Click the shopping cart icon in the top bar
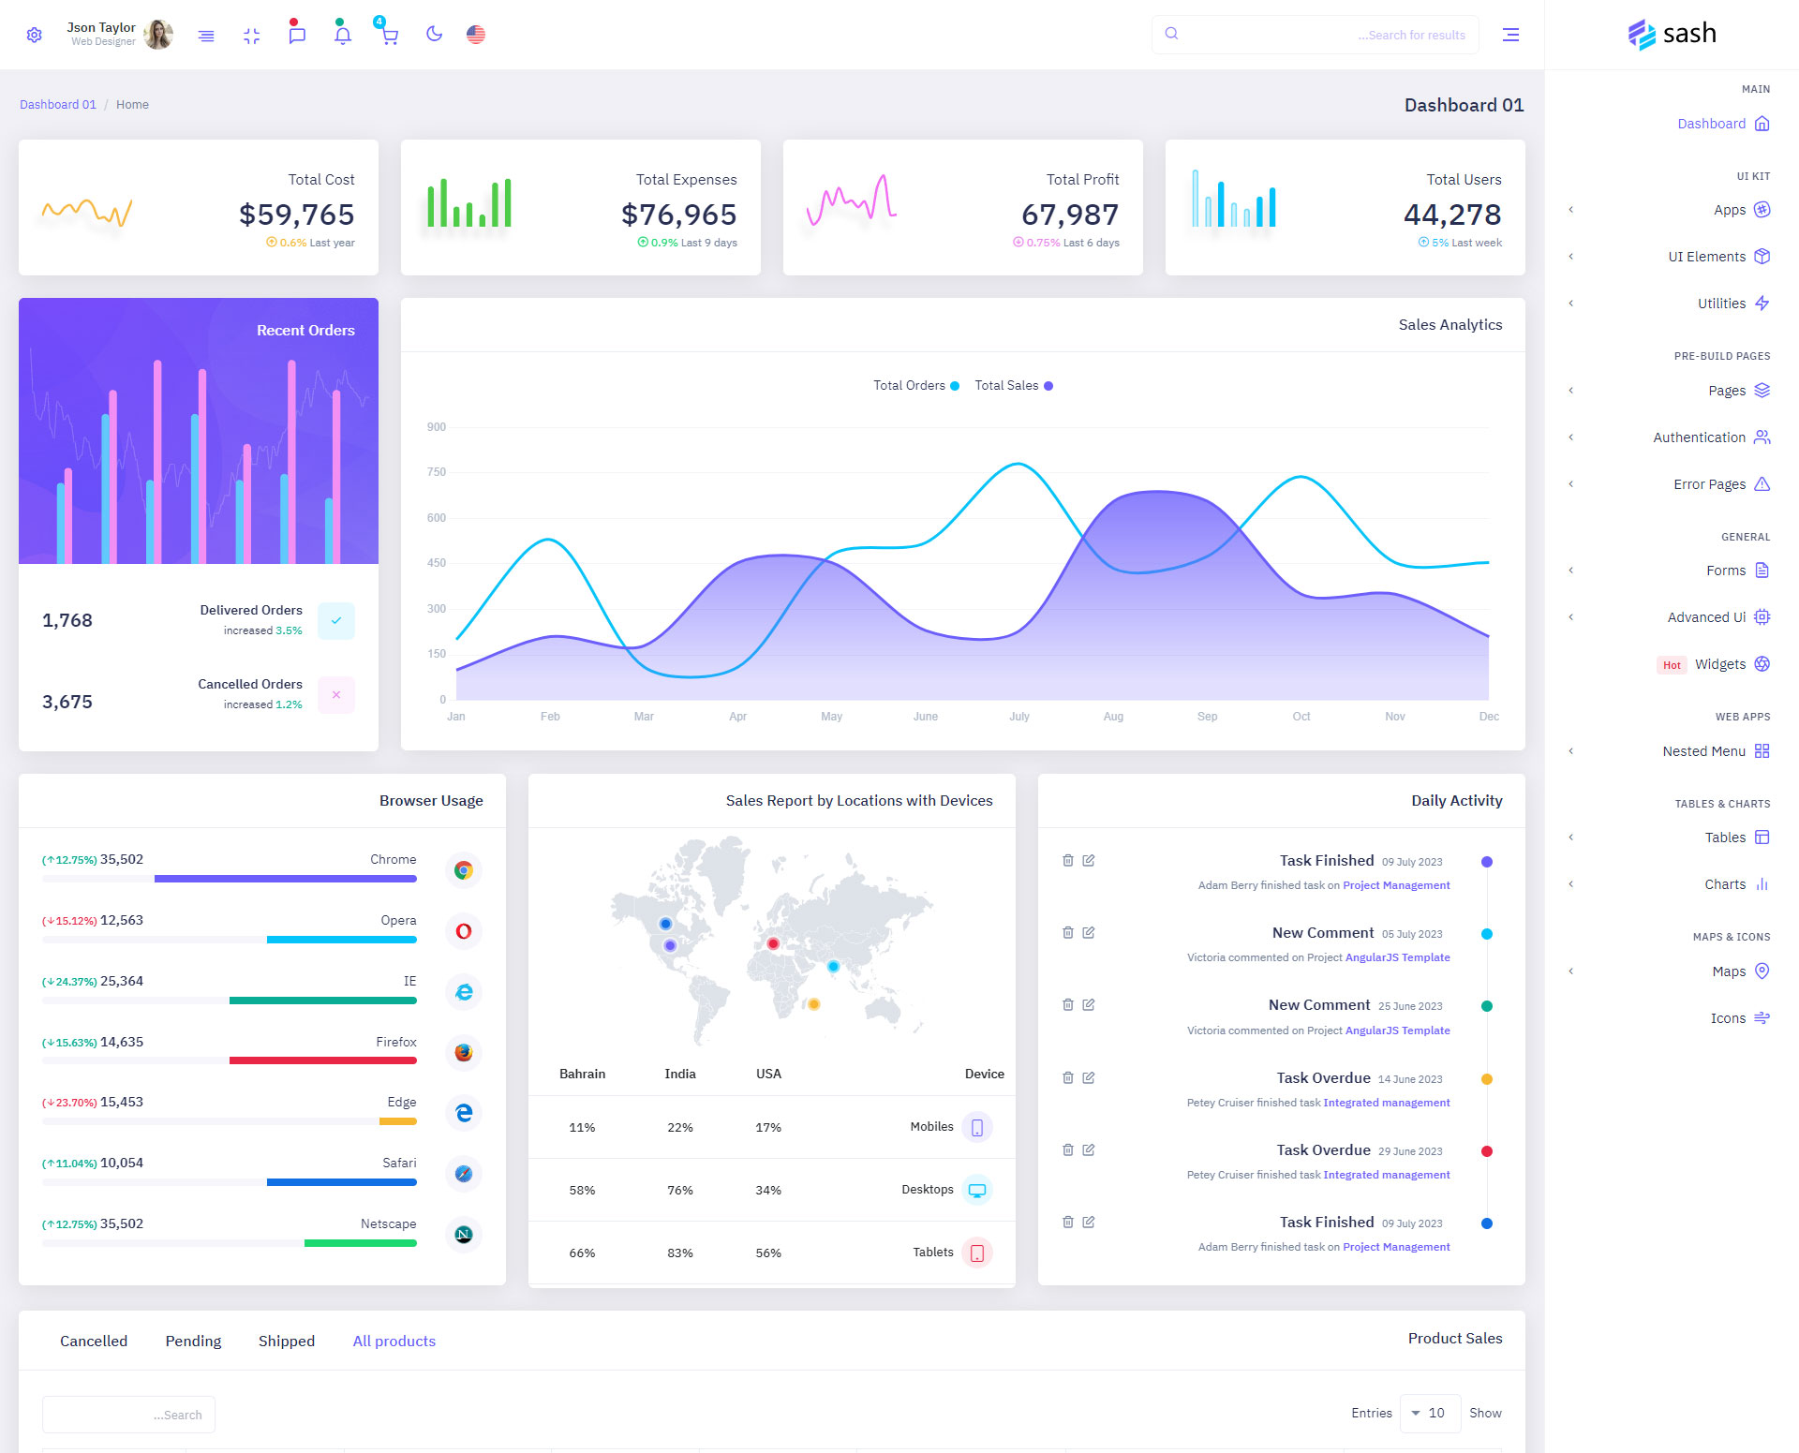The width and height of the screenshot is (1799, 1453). pyautogui.click(x=389, y=36)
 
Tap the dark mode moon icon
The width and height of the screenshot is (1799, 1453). pyautogui.click(x=434, y=35)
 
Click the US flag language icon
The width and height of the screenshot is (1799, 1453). pyautogui.click(x=476, y=35)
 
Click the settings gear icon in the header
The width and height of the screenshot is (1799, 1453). pyautogui.click(x=35, y=35)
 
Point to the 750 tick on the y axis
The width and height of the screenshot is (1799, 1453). pyautogui.click(x=437, y=472)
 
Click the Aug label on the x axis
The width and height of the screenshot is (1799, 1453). pyautogui.click(x=1113, y=717)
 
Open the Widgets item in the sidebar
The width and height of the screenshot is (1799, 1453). pyautogui.click(x=1720, y=664)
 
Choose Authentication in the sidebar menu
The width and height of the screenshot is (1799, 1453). pyautogui.click(x=1699, y=437)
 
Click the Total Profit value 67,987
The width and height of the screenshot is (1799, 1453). pyautogui.click(x=1069, y=215)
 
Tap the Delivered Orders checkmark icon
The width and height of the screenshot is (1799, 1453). pyautogui.click(x=336, y=620)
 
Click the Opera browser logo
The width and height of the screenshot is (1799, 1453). pyautogui.click(x=464, y=931)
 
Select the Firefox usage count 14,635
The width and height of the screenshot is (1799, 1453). pyautogui.click(x=122, y=1042)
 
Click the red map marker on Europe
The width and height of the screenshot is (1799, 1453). pyautogui.click(x=773, y=943)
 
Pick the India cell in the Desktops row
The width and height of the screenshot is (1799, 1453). pyautogui.click(x=680, y=1190)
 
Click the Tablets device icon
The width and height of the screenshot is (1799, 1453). pyautogui.click(x=976, y=1253)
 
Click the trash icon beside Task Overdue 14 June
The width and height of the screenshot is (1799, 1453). pyautogui.click(x=1068, y=1077)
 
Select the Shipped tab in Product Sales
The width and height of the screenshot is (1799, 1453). pyautogui.click(x=287, y=1341)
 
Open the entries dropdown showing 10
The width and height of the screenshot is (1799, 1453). pyautogui.click(x=1430, y=1413)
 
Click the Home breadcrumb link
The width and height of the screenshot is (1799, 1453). pyautogui.click(x=132, y=104)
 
